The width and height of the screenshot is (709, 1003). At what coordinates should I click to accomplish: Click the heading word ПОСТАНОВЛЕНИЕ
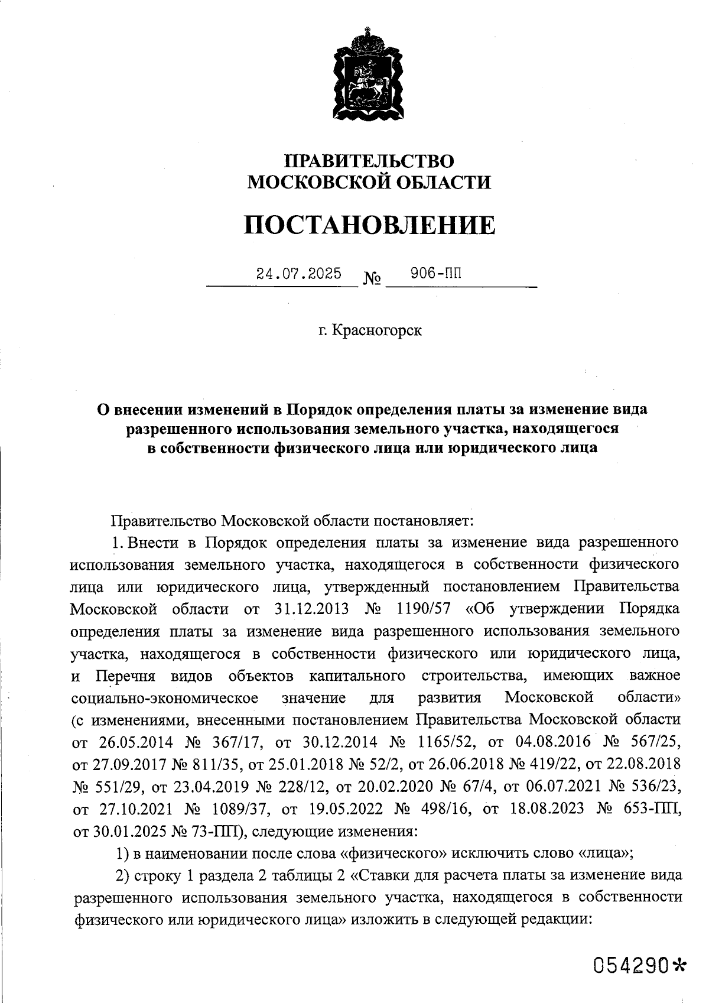369,225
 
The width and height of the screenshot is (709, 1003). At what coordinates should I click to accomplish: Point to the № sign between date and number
372,278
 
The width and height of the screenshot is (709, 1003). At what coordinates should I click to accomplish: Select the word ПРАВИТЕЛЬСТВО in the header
369,161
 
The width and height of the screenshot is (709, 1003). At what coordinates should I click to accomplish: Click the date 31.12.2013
313,609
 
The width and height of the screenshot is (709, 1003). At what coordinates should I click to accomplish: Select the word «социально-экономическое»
164,697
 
